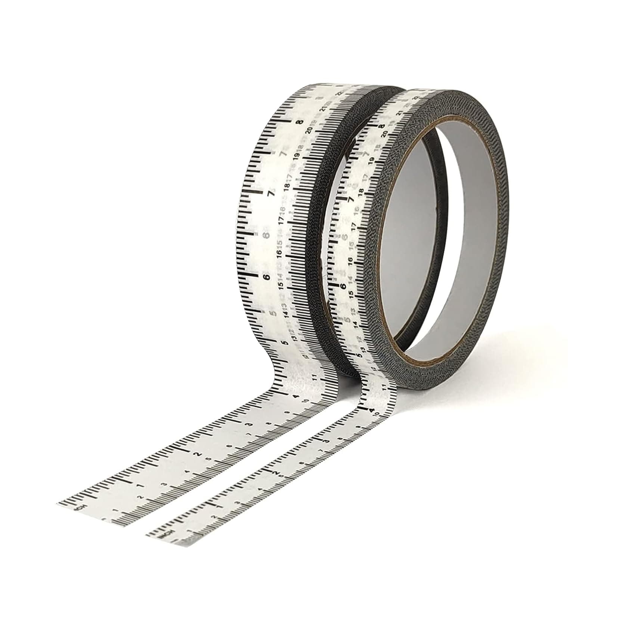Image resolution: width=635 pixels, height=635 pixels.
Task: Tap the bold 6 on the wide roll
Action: tap(266, 277)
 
